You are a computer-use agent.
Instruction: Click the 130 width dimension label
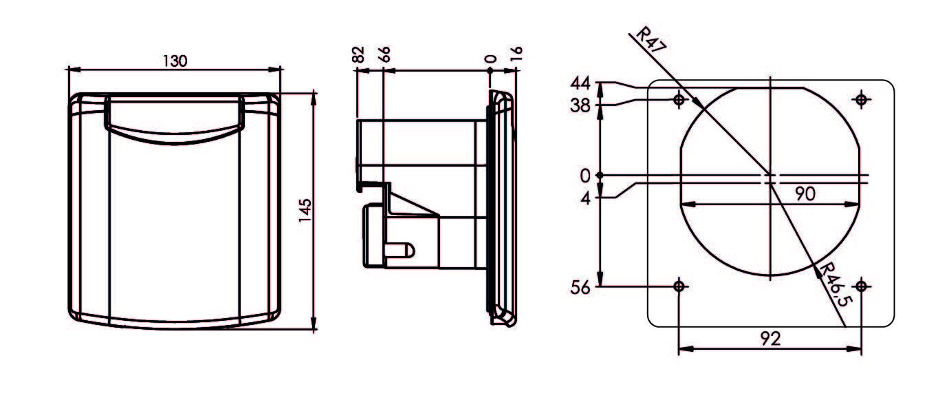[x=175, y=61]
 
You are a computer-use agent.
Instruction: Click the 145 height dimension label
[x=306, y=210]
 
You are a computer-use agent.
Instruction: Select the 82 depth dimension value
[x=358, y=55]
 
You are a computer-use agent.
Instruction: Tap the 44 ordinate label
[x=581, y=84]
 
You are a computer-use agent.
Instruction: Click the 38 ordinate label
[x=581, y=105]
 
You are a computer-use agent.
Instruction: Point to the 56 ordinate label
[x=581, y=288]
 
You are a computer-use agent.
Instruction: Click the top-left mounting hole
[x=679, y=101]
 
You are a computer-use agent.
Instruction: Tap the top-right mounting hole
[x=861, y=101]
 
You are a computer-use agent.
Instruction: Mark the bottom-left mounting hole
[x=679, y=286]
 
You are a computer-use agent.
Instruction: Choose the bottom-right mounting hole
[x=861, y=286]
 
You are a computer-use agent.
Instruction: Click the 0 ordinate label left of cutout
[x=585, y=176]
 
